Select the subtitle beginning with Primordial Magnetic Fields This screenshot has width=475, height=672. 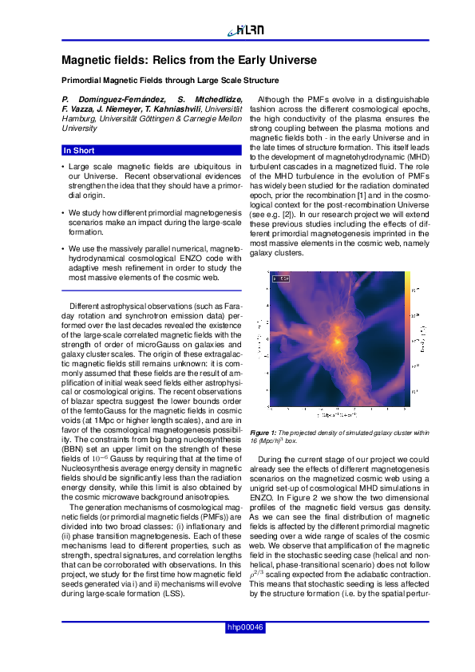tap(170, 81)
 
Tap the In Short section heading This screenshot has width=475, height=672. tap(79, 150)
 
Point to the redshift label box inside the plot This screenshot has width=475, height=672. tap(281, 279)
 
